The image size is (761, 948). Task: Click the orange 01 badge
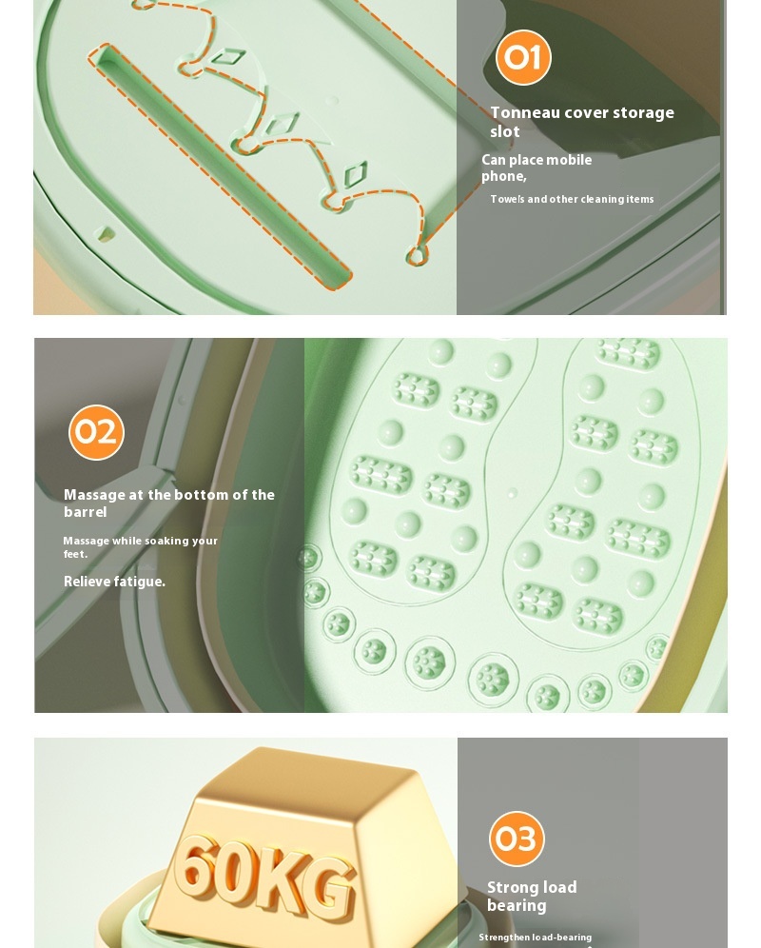tap(523, 57)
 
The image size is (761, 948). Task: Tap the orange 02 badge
tap(96, 432)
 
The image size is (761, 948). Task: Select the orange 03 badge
tap(517, 839)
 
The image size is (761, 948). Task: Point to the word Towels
tap(507, 199)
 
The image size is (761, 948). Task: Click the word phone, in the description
tap(503, 176)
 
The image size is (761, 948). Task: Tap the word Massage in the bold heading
tap(94, 495)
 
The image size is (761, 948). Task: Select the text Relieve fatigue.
tap(114, 582)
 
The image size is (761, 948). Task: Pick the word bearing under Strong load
tap(517, 905)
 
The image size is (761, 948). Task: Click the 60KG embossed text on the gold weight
tap(264, 874)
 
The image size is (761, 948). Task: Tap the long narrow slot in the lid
tap(222, 164)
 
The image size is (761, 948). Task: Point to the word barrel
tap(86, 512)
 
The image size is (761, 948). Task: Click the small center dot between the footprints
tap(513, 494)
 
